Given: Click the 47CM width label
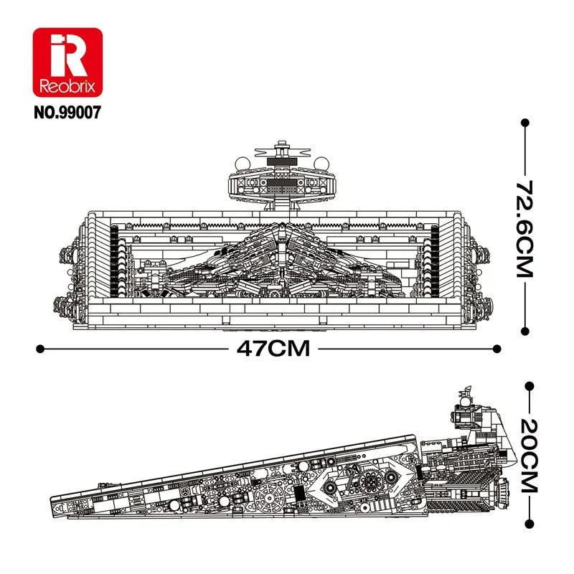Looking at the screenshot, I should click(273, 349).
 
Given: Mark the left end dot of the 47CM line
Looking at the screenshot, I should click(40, 349).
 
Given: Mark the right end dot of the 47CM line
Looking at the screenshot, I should click(497, 349).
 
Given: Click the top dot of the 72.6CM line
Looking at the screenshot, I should click(525, 123).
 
